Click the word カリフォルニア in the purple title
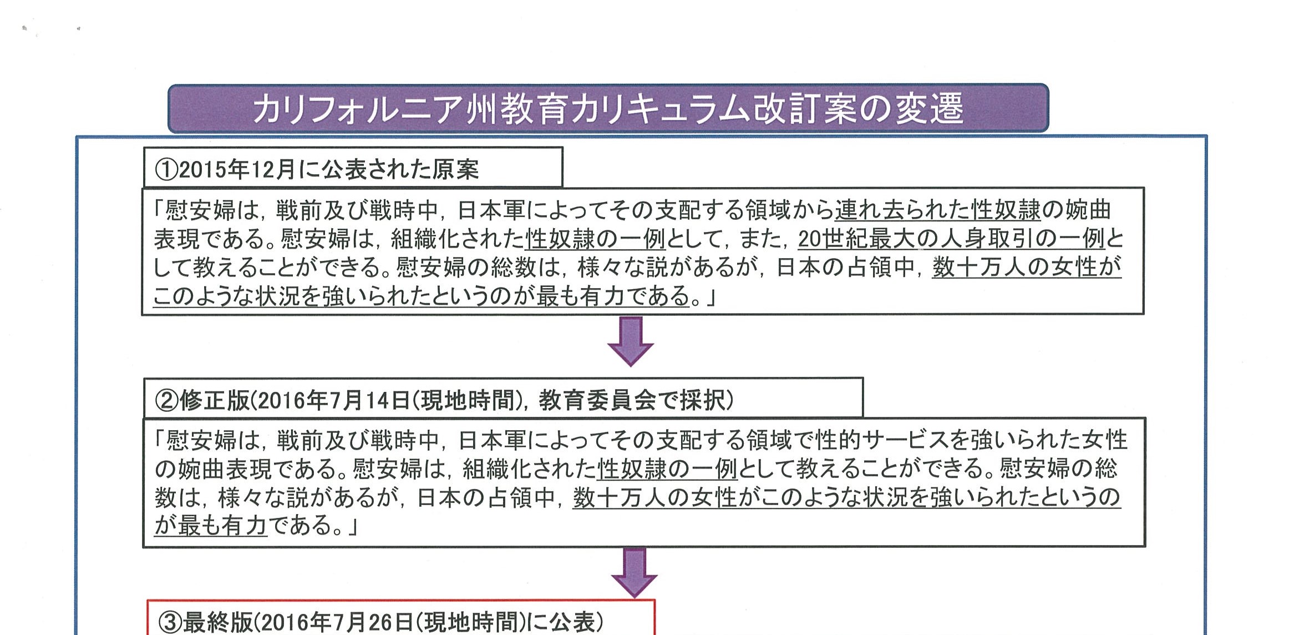point(358,109)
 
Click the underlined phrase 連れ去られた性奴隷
point(938,210)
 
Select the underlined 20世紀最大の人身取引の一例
point(952,239)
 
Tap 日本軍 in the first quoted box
point(491,210)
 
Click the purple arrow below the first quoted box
point(631,341)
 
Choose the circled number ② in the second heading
point(166,400)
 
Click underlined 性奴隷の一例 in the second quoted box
point(667,470)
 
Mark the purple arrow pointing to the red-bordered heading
point(635,573)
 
